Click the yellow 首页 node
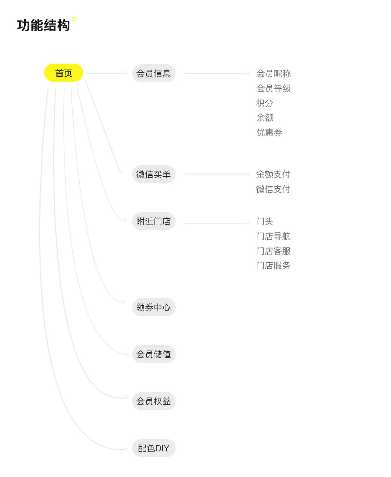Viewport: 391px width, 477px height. click(x=63, y=73)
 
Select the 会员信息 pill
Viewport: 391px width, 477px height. click(x=154, y=73)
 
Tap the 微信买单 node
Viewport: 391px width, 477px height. click(x=154, y=174)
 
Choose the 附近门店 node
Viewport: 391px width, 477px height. click(x=154, y=221)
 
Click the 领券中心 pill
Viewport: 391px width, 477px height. click(x=154, y=307)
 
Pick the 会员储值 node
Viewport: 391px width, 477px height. click(x=154, y=354)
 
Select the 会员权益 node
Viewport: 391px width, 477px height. click(x=154, y=401)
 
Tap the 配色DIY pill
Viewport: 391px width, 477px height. click(x=154, y=448)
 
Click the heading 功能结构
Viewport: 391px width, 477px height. click(x=43, y=25)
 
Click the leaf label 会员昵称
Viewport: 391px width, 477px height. click(x=273, y=73)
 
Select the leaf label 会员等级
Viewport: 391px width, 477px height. click(x=273, y=88)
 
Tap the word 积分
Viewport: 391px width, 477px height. click(x=265, y=103)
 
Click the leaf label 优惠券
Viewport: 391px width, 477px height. click(x=269, y=132)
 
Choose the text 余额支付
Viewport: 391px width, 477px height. click(x=273, y=174)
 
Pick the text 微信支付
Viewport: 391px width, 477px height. click(x=273, y=189)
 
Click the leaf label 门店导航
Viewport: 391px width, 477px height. click(x=273, y=236)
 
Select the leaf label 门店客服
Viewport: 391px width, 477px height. click(x=273, y=251)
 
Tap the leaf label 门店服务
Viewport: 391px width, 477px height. click(x=273, y=265)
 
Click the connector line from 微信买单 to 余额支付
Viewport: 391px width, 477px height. click(x=216, y=174)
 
